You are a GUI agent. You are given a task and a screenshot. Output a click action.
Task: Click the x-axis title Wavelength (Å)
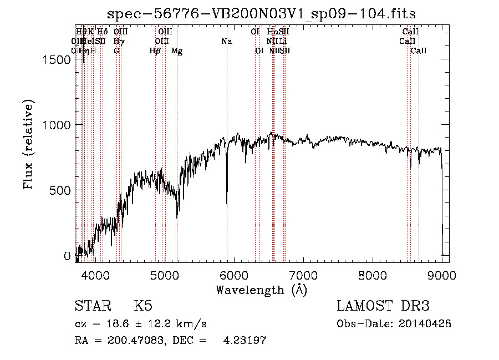[x=261, y=290]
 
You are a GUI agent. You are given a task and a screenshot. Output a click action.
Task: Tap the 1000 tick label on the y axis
[x=58, y=125]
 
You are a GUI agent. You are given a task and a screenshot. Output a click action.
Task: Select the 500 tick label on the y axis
[x=62, y=191]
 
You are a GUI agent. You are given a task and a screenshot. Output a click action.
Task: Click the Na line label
[x=226, y=41]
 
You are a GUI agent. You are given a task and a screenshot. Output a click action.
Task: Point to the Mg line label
[x=176, y=51]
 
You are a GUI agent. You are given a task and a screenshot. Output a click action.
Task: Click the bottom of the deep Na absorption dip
[x=227, y=205]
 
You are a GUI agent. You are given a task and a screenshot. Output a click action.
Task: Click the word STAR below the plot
[x=91, y=306]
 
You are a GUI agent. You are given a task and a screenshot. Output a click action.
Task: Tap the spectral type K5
[x=143, y=306]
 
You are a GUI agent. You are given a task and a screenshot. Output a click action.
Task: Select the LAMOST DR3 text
[x=383, y=306]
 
